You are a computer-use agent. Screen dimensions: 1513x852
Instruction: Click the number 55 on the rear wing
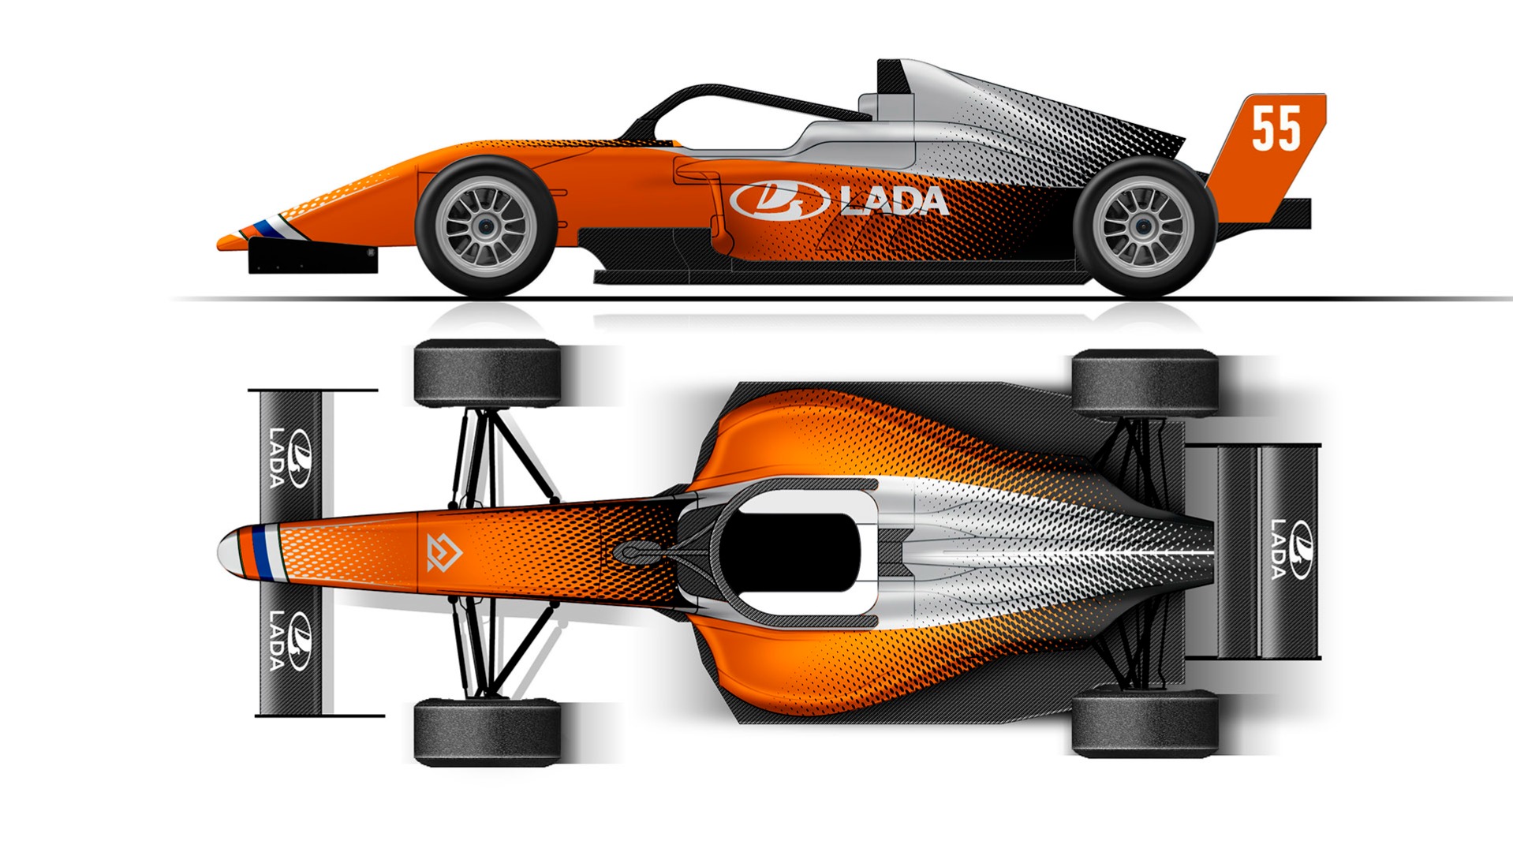click(x=1276, y=129)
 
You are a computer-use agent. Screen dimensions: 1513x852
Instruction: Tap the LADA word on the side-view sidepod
click(x=894, y=200)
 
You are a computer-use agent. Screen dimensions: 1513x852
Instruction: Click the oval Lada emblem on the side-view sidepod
click(x=779, y=200)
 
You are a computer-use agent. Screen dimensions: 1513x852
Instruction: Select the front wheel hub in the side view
click(x=485, y=226)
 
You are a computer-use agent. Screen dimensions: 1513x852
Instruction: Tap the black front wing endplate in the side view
click(x=312, y=257)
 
